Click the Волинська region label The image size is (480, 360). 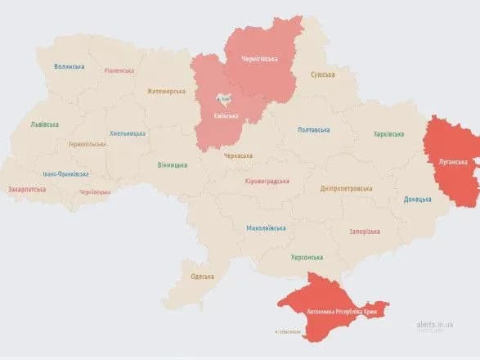[x=70, y=66]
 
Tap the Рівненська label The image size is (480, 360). [x=119, y=70]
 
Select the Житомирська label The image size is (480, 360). [x=167, y=92]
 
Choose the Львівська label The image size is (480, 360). [x=44, y=124]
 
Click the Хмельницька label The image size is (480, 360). [x=128, y=133]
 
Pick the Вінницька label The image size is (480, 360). [x=173, y=164]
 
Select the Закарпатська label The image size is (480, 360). [x=28, y=189]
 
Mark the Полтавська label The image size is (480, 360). [x=314, y=130]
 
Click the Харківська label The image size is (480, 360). [x=388, y=133]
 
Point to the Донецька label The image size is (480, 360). [x=418, y=199]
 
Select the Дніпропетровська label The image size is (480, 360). [x=347, y=188]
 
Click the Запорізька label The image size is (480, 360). [x=364, y=232]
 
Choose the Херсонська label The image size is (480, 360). [x=307, y=257]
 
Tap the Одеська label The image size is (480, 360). [x=201, y=276]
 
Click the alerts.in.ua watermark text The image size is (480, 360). [x=433, y=325]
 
